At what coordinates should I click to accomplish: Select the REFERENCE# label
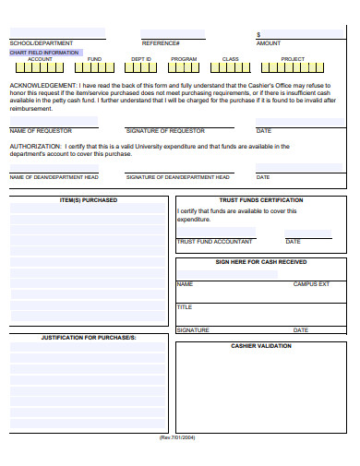point(161,43)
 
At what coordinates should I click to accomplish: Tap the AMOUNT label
point(269,43)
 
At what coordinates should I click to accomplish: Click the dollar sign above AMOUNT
point(258,35)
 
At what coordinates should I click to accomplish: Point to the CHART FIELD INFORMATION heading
point(44,53)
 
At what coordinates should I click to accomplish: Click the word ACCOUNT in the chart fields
point(40,59)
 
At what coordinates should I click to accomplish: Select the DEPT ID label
point(140,59)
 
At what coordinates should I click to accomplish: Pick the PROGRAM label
point(184,59)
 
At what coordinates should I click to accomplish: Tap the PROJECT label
point(293,59)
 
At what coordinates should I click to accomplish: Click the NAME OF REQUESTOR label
point(41,131)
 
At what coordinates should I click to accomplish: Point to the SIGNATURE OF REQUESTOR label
point(165,131)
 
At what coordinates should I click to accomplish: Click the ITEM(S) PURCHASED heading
point(89,199)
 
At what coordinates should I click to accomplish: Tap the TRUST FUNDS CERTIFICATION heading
point(261,199)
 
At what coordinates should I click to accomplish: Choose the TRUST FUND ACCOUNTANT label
point(214,242)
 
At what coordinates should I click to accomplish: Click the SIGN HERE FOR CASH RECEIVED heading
point(261,261)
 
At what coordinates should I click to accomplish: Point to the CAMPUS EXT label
point(311,284)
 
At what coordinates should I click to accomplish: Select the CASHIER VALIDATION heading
point(261,346)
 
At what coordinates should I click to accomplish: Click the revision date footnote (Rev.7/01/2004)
point(178,437)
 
